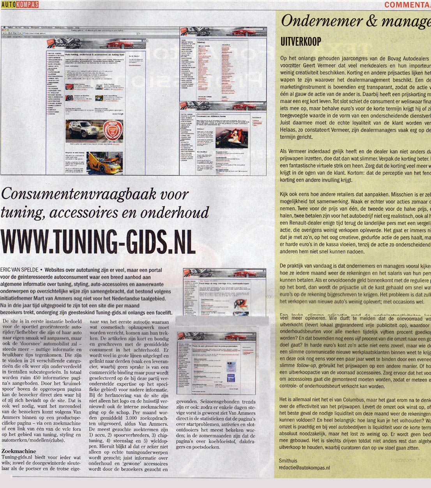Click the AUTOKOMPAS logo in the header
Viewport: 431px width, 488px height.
[x=19, y=4]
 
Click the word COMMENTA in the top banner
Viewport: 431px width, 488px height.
[x=407, y=5]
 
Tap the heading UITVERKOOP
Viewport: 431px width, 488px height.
[x=300, y=42]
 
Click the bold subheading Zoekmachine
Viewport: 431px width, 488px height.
[x=19, y=451]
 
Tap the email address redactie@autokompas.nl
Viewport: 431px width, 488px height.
[x=305, y=467]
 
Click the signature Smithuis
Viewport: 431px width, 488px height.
[x=288, y=461]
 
